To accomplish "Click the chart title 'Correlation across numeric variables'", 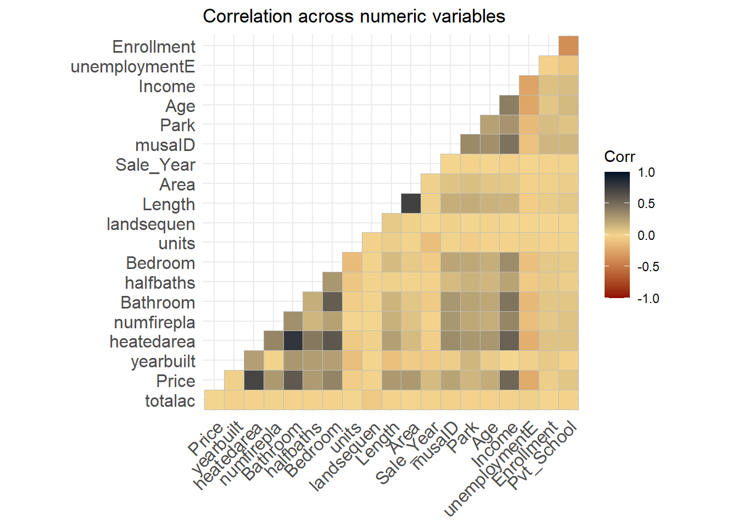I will [x=354, y=16].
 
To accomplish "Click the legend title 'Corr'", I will [x=619, y=157].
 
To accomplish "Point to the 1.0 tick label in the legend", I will [x=646, y=172].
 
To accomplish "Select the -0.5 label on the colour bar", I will [x=648, y=267].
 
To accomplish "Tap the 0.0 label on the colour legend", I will [x=646, y=236].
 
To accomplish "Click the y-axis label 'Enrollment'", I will [x=154, y=47].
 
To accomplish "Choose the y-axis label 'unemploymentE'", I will [x=133, y=66].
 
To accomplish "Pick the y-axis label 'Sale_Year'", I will [x=155, y=165].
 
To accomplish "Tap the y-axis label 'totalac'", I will [x=170, y=401].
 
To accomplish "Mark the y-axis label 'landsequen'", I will [x=151, y=224].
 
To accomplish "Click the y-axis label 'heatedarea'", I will [x=152, y=341].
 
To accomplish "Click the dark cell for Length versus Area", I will [x=411, y=204].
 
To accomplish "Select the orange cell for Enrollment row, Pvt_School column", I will [x=568, y=46].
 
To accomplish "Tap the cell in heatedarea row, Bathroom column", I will [x=293, y=341].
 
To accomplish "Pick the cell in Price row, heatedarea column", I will [x=254, y=380].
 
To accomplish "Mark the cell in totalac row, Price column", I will [x=214, y=400].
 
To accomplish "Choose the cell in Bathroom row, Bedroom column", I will [x=332, y=302].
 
